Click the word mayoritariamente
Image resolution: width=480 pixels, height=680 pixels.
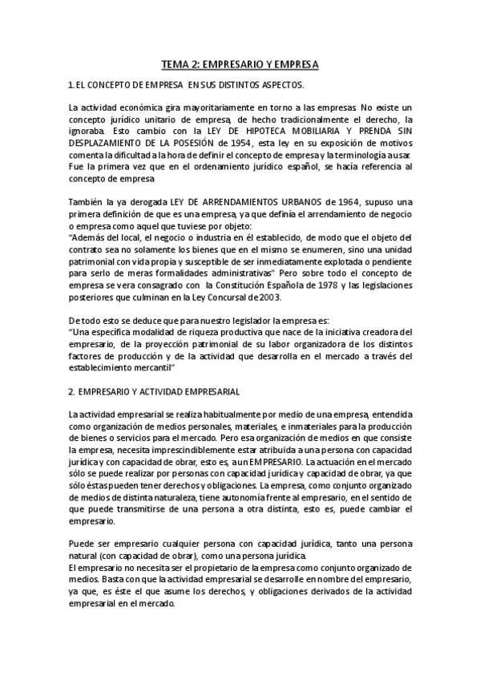[204, 107]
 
